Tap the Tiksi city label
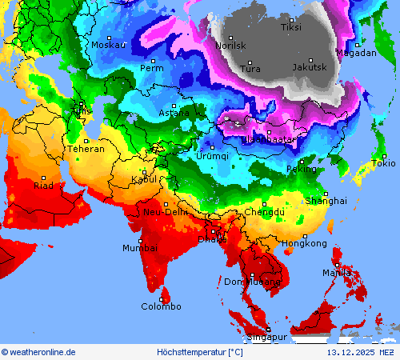pyautogui.click(x=291, y=28)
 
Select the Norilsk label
pyautogui.click(x=230, y=46)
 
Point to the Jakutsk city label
pyautogui.click(x=309, y=67)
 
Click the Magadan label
pyautogui.click(x=356, y=53)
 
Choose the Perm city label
pyautogui.click(x=151, y=68)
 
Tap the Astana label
pyautogui.click(x=175, y=114)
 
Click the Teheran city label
pyautogui.click(x=86, y=149)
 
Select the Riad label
pyautogui.click(x=43, y=185)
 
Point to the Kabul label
pyautogui.click(x=144, y=180)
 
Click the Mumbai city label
pyautogui.click(x=139, y=248)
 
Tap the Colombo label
pyautogui.click(x=161, y=306)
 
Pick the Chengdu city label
pyautogui.click(x=264, y=212)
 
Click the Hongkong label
pyautogui.click(x=305, y=243)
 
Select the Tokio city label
pyautogui.click(x=383, y=163)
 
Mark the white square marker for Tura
pyautogui.click(x=249, y=62)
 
